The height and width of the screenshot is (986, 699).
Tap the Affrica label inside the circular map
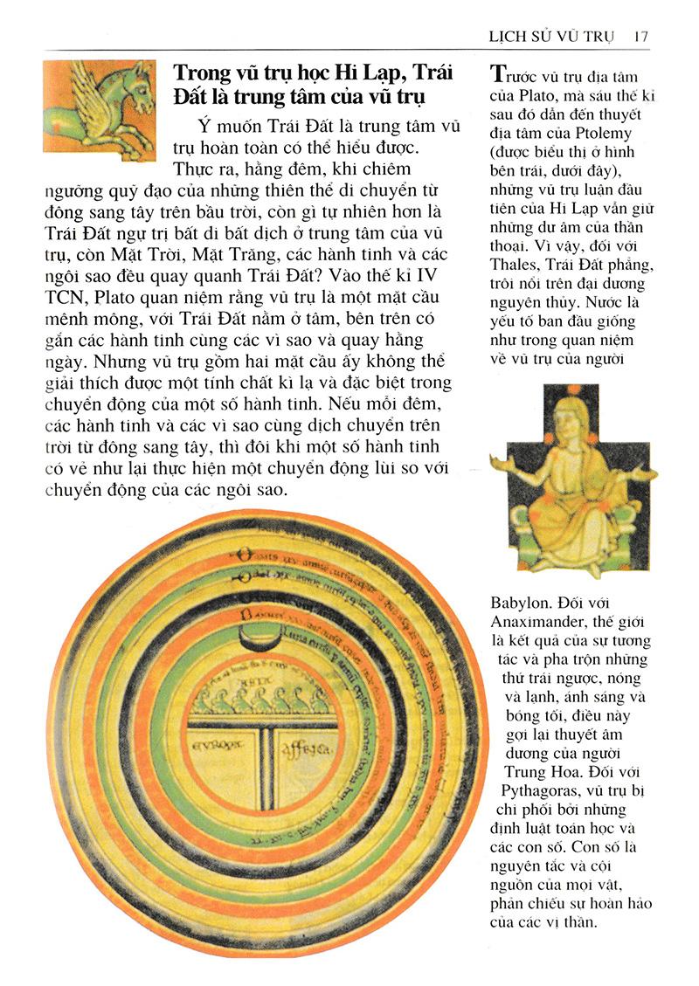tap(301, 749)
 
